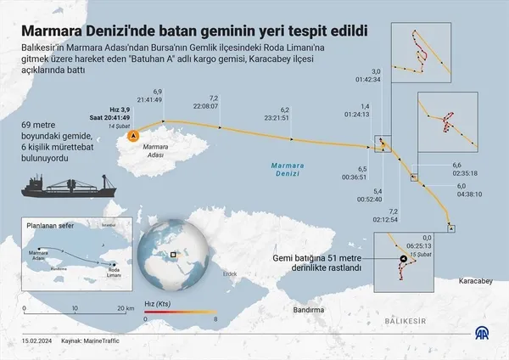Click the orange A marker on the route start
tap(131, 135)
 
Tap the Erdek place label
tap(228, 273)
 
